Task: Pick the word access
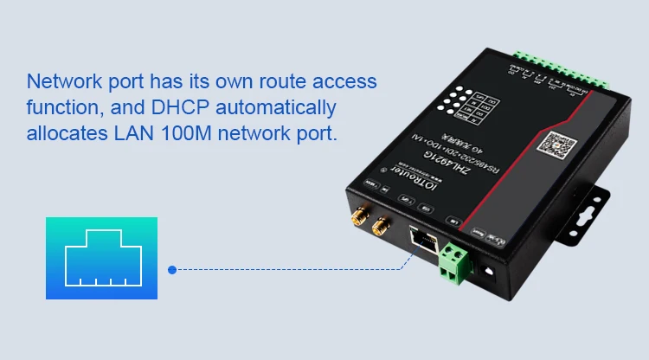coord(344,81)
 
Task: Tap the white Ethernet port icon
coord(101,257)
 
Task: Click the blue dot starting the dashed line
coord(172,269)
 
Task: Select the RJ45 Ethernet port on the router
coord(422,240)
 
